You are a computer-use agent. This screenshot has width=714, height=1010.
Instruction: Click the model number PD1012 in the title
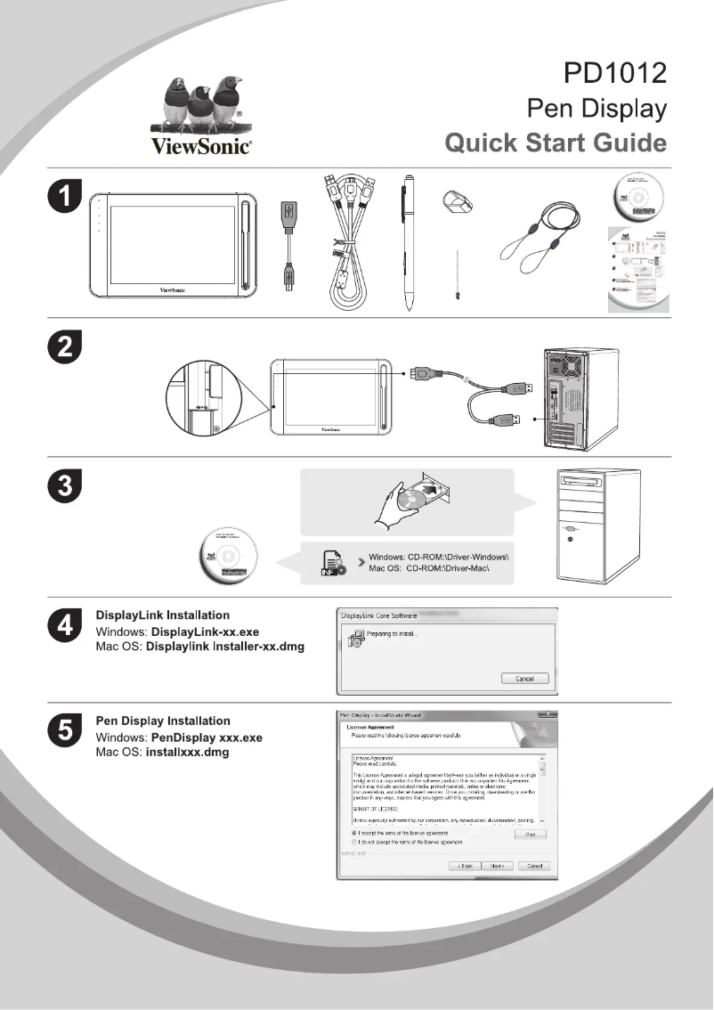pos(615,71)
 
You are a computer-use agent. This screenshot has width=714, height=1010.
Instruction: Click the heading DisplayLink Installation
pos(162,615)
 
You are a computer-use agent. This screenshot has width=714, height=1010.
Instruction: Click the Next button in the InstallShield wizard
pos(497,866)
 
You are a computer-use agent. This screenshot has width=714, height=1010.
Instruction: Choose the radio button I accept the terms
pos(355,833)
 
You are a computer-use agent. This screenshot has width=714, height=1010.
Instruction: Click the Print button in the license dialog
pos(530,834)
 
